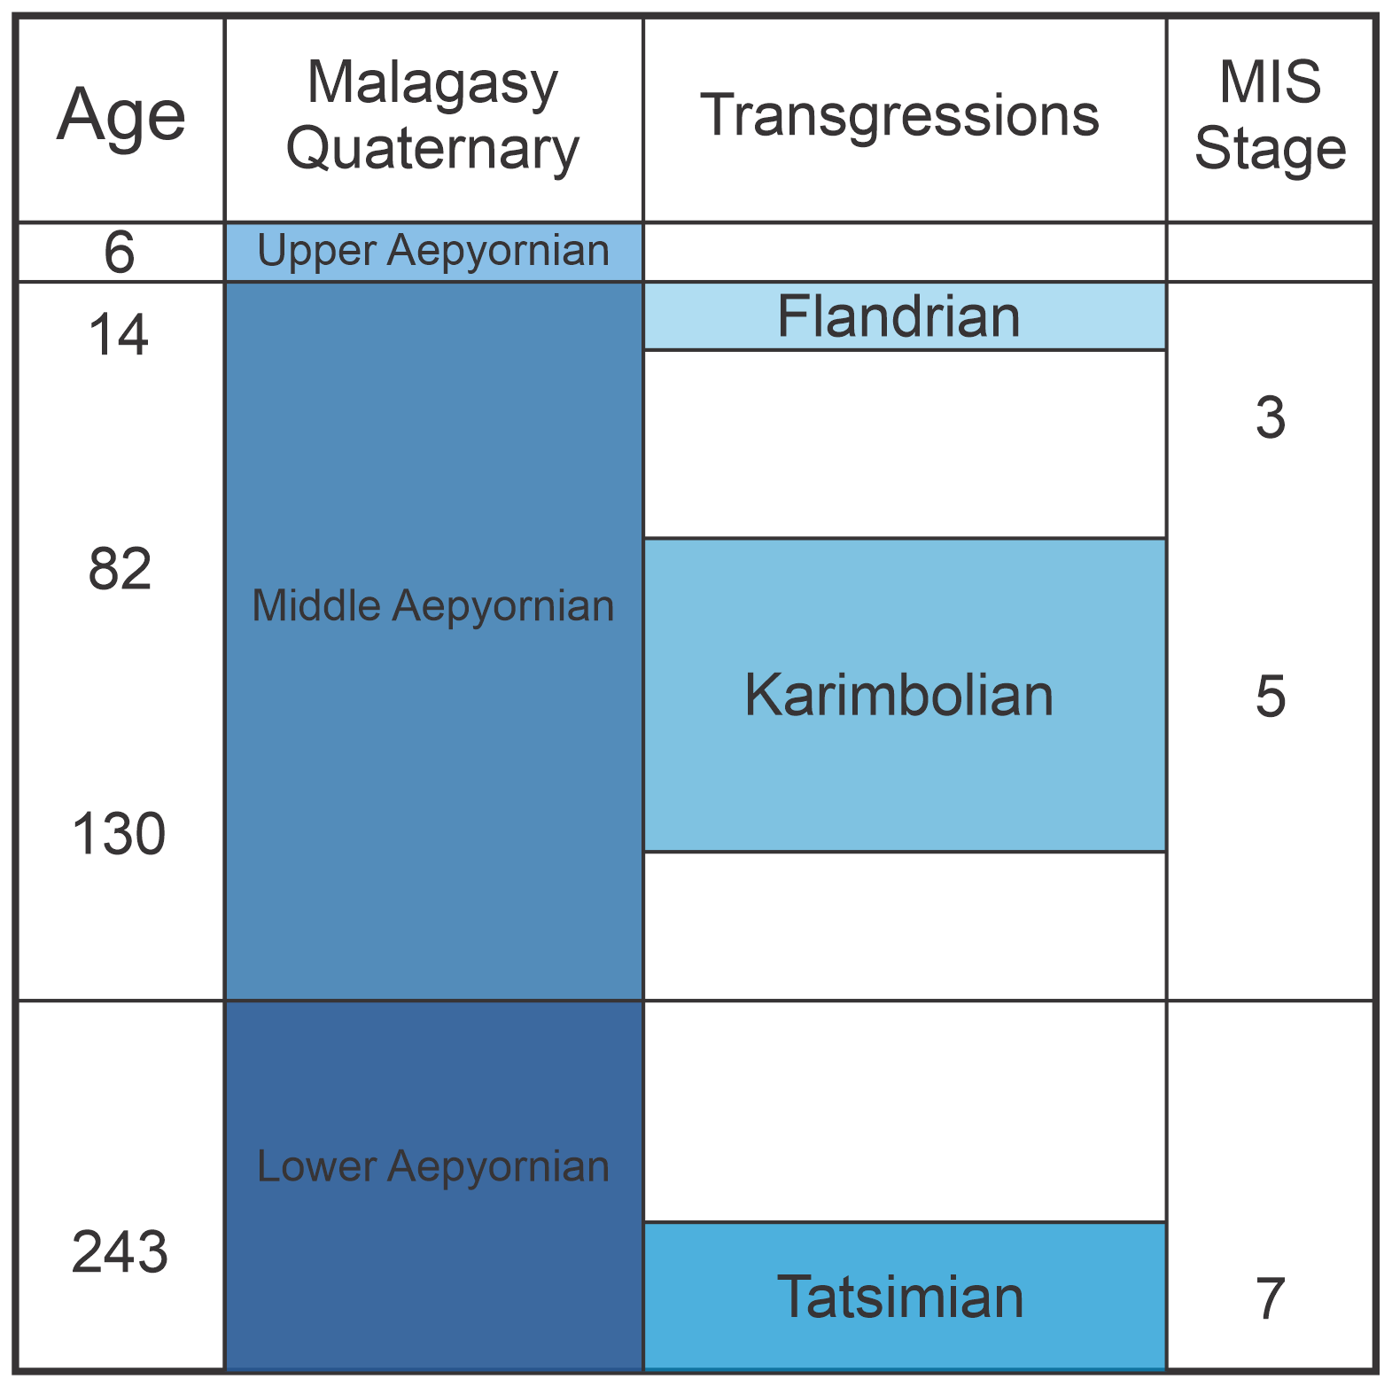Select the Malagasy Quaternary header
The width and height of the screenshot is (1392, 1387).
tap(432, 116)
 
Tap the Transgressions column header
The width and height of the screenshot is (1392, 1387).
tap(899, 116)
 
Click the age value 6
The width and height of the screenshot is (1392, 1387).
tap(120, 253)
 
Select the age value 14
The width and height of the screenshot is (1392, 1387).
tap(120, 336)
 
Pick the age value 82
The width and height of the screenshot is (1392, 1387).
tap(120, 569)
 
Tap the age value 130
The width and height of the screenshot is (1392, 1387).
tap(119, 834)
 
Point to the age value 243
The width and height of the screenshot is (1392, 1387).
tap(120, 1252)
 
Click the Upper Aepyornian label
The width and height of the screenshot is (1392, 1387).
tap(433, 250)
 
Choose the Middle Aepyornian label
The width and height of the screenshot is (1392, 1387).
tap(433, 606)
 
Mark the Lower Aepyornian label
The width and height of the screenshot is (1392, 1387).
tap(433, 1166)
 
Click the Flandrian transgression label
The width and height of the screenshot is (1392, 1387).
tap(899, 316)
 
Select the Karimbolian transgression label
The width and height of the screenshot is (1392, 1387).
tap(899, 695)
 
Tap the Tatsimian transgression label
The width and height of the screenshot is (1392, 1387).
tap(900, 1297)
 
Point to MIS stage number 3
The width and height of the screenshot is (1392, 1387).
tap(1271, 418)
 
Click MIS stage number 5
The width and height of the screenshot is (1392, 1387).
tap(1271, 696)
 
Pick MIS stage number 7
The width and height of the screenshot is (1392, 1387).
tap(1271, 1299)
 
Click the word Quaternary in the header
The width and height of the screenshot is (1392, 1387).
tap(432, 150)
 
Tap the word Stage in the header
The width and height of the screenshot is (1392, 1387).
tap(1271, 148)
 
